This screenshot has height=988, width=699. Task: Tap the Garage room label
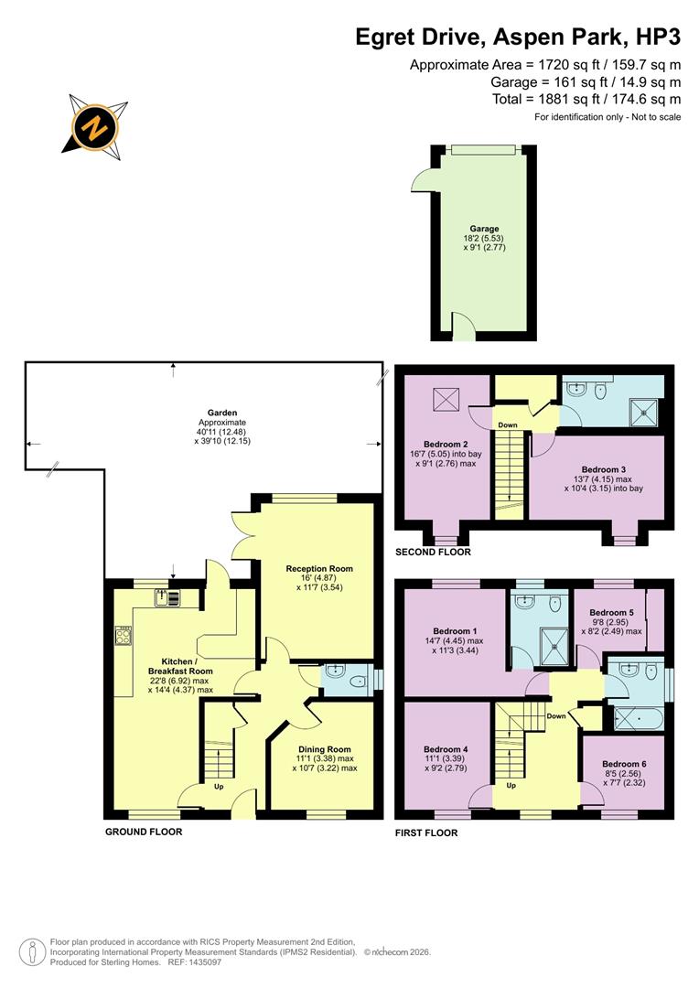click(x=485, y=229)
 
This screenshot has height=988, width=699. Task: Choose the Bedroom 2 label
click(x=446, y=444)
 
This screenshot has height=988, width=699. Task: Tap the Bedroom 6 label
click(x=625, y=764)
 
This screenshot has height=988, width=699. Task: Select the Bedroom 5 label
click(x=612, y=612)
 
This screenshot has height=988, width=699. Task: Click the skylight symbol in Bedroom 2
click(x=446, y=400)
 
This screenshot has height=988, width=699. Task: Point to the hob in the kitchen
click(x=124, y=635)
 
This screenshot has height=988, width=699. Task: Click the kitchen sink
click(x=167, y=599)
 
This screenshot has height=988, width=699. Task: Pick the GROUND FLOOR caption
click(x=144, y=832)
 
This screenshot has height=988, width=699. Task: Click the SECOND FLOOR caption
click(x=433, y=553)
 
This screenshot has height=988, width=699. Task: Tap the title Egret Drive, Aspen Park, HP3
click(x=518, y=38)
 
